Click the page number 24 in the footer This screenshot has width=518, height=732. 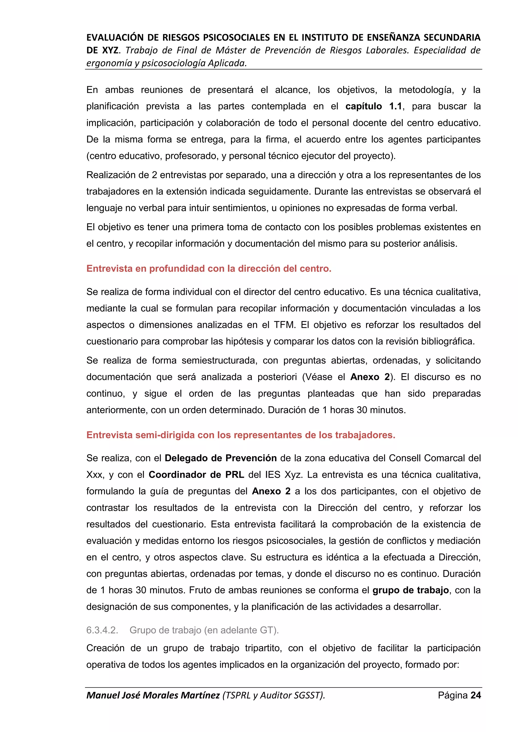click(476, 695)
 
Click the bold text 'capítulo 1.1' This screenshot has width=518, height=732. click(374, 106)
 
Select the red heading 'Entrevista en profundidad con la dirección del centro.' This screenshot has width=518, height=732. click(209, 268)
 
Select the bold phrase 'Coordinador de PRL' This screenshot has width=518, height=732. click(196, 475)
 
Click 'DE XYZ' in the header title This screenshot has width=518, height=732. click(102, 50)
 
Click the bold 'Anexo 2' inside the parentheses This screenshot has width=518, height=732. click(370, 377)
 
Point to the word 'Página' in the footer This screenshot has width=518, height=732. click(452, 695)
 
